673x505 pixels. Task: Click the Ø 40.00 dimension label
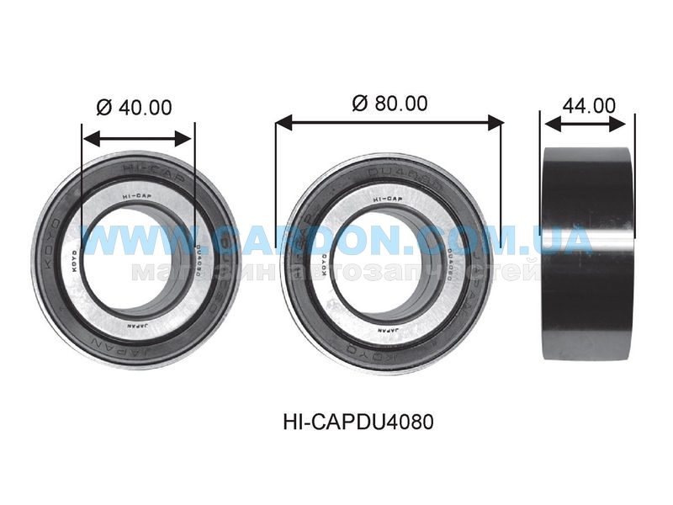(x=135, y=108)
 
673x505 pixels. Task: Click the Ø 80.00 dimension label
(x=389, y=104)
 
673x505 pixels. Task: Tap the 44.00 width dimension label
(x=589, y=105)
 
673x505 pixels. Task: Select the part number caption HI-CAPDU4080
(x=359, y=422)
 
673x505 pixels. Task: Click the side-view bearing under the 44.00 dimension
(x=587, y=252)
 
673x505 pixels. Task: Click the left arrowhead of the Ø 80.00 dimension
(x=282, y=123)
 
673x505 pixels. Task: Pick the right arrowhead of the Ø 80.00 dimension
(x=497, y=123)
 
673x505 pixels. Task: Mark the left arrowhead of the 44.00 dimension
(x=550, y=124)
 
